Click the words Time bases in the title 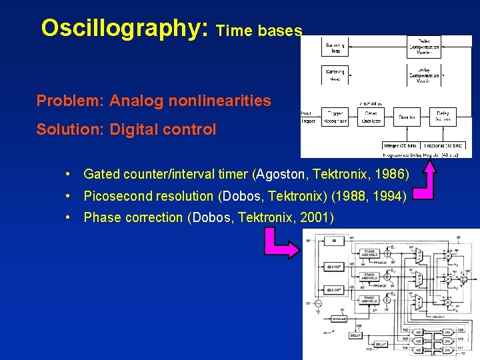tap(259, 31)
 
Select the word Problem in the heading tap(69, 101)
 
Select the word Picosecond tap(117, 196)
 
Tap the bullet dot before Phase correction tap(69, 217)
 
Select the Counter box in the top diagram tap(407, 117)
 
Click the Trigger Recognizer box tap(335, 117)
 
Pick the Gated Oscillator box tap(371, 117)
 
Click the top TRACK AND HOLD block tap(369, 254)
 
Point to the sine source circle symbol tap(318, 303)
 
